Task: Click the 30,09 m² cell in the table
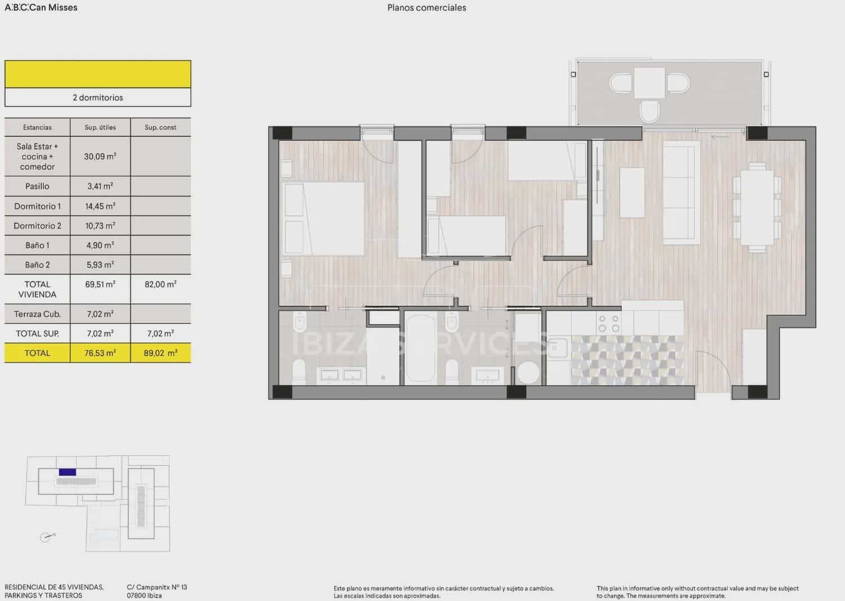pos(100,157)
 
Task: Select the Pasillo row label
pos(37,186)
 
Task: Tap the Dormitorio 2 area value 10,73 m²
pos(100,226)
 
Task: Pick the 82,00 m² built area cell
pos(161,284)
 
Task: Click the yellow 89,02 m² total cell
pos(161,353)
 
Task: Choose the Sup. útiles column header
pos(100,127)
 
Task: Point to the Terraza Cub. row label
pos(37,314)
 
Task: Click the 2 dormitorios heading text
pos(98,97)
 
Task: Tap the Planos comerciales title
pos(426,8)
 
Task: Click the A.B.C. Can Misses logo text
pos(41,8)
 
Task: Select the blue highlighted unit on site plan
pos(68,472)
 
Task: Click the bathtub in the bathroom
pos(420,348)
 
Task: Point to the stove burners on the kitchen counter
pos(608,324)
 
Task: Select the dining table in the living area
pos(757,207)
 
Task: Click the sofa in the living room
pos(681,192)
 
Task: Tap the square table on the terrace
pos(650,83)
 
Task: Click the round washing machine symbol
pos(528,373)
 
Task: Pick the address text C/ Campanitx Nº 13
pos(157,587)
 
